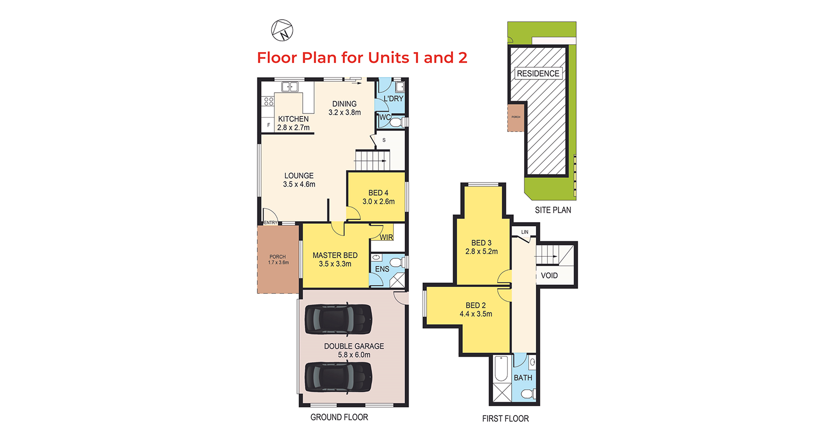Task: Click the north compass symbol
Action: click(282, 30)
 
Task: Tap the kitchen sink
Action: click(290, 87)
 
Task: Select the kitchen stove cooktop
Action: click(269, 101)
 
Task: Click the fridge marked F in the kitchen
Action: click(268, 125)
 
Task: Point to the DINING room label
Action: click(344, 104)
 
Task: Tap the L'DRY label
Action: click(393, 98)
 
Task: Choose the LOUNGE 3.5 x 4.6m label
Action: click(299, 180)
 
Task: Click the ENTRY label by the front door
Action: click(271, 223)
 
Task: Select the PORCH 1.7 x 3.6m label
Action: click(278, 259)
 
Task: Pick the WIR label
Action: click(387, 237)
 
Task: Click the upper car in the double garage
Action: click(338, 320)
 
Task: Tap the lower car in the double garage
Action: click(338, 377)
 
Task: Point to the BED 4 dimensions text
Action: click(379, 202)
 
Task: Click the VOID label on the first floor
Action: click(549, 275)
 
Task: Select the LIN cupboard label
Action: click(525, 232)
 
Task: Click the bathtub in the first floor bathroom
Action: click(501, 369)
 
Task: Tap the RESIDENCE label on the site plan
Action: click(538, 73)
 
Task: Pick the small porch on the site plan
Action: click(516, 118)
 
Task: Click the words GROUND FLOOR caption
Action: click(339, 417)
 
